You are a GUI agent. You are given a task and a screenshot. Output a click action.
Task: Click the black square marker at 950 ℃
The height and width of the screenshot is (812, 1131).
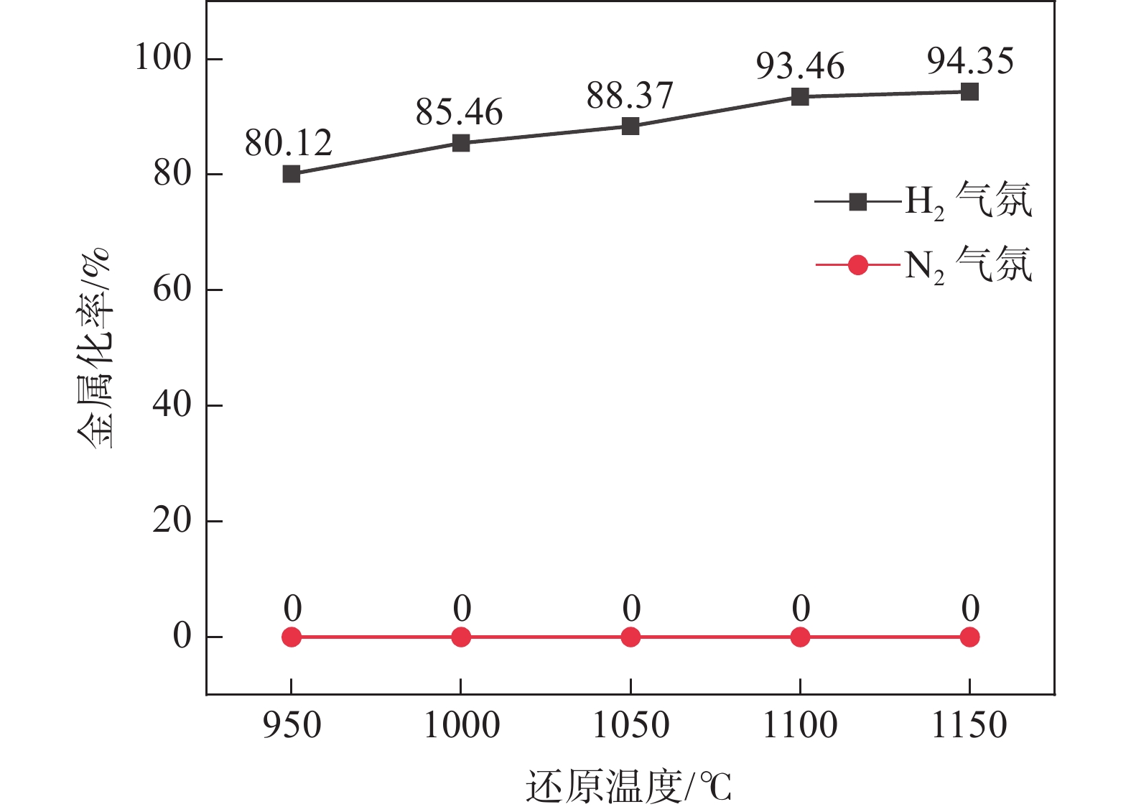point(291,174)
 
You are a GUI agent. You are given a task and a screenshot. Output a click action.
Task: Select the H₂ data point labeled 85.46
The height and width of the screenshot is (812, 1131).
point(461,143)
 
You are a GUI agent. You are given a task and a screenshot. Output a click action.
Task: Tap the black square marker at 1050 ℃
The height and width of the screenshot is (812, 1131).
point(630,126)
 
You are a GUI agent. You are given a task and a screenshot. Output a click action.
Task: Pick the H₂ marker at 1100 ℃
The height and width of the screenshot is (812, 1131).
point(800,96)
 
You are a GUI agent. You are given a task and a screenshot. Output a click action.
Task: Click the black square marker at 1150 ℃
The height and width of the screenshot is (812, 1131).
point(969,92)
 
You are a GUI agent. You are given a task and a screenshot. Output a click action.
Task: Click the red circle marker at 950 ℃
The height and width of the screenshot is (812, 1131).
point(291,637)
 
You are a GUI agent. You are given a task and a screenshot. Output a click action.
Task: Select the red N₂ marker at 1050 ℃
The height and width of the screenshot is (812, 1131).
point(630,637)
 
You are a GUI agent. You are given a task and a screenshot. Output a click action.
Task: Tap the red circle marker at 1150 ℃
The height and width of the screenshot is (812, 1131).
point(969,637)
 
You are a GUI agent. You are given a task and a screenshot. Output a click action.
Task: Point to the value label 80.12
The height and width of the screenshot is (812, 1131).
point(288,143)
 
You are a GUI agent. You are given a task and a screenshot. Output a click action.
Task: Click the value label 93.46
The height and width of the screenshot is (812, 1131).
point(800,66)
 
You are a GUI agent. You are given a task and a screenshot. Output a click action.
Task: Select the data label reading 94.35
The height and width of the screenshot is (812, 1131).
point(970,61)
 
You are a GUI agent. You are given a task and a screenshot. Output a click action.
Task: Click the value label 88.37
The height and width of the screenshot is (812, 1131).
point(630,96)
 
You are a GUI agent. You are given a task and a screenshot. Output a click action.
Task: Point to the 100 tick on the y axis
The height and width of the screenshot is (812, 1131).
point(163,57)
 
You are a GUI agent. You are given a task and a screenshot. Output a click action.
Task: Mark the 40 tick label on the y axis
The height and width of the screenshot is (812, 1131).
point(172,405)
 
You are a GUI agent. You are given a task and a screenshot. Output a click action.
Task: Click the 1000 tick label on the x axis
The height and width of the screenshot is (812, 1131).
point(461,725)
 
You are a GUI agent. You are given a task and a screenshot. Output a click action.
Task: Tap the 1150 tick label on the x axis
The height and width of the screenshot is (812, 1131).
point(969,725)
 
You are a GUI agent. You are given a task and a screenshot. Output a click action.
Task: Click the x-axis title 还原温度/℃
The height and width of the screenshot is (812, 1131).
point(628,786)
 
